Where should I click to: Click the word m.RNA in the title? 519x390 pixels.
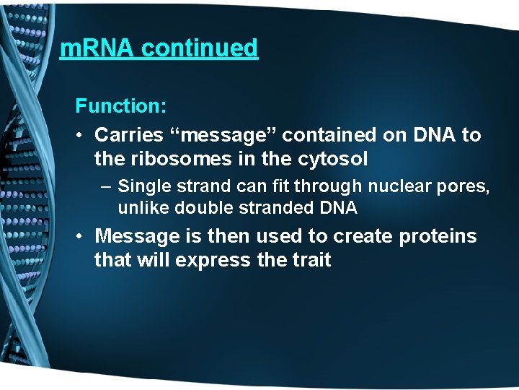[x=97, y=48]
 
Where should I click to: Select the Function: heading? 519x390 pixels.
[x=121, y=106]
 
